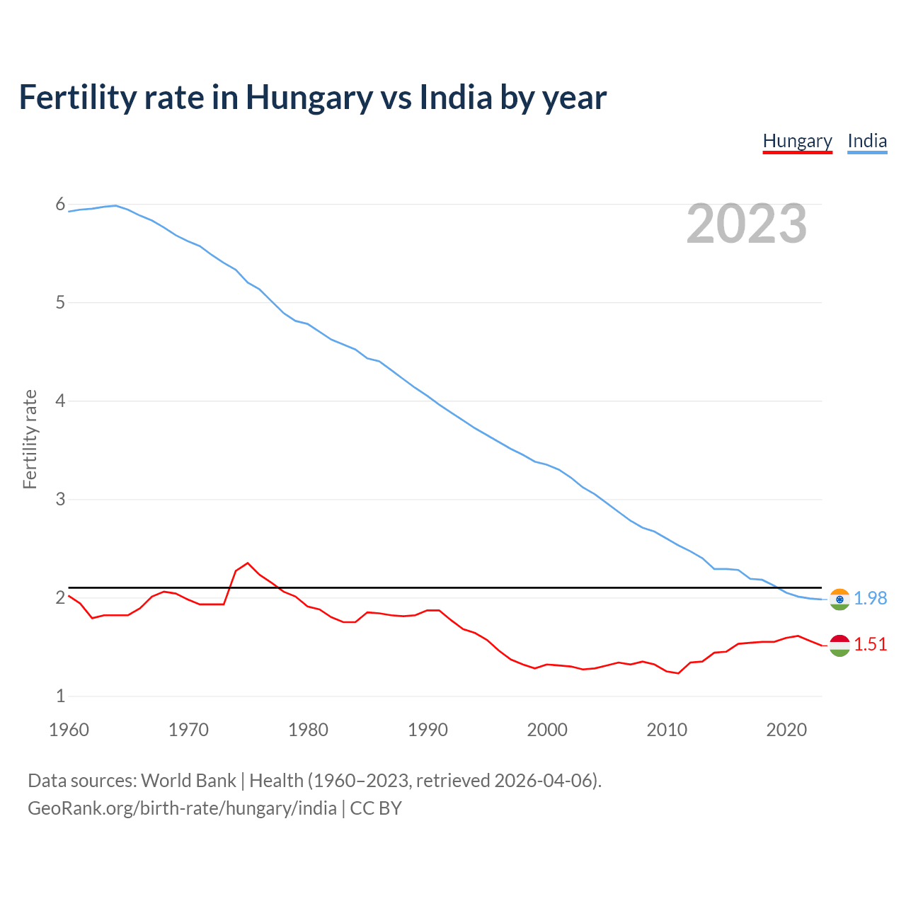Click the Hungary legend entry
[797, 141]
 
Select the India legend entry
[867, 141]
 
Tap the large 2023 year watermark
[747, 224]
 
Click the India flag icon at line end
[839, 599]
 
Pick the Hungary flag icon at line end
[839, 645]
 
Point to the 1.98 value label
[870, 598]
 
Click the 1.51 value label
[870, 644]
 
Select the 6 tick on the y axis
[60, 205]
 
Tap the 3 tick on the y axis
[60, 500]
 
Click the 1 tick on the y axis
[60, 696]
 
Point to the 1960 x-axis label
[69, 730]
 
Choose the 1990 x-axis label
[428, 730]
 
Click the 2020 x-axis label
[786, 730]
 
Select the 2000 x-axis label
[547, 730]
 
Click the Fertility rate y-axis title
[30, 439]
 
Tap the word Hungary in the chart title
[309, 98]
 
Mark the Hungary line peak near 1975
[248, 563]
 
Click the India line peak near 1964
[116, 205]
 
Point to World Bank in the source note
[188, 781]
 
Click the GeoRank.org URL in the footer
[182, 808]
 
